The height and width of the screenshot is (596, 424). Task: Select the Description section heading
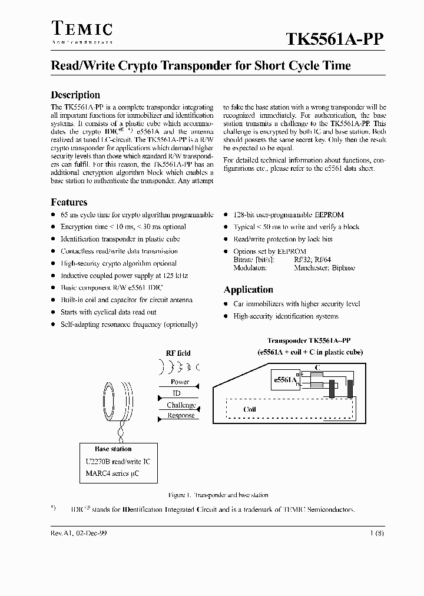(75, 95)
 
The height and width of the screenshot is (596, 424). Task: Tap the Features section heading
(69, 202)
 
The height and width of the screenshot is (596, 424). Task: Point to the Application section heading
(248, 290)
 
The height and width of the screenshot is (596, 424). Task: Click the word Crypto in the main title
(138, 66)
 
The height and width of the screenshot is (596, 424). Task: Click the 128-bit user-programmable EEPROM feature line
(289, 215)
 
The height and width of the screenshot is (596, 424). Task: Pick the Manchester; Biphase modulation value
(324, 267)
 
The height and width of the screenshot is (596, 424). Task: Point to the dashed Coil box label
(250, 409)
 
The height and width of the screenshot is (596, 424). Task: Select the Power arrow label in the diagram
(180, 382)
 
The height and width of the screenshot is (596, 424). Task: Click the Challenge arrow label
(181, 405)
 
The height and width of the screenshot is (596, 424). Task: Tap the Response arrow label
(181, 415)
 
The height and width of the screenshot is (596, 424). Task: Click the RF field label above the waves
(178, 353)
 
